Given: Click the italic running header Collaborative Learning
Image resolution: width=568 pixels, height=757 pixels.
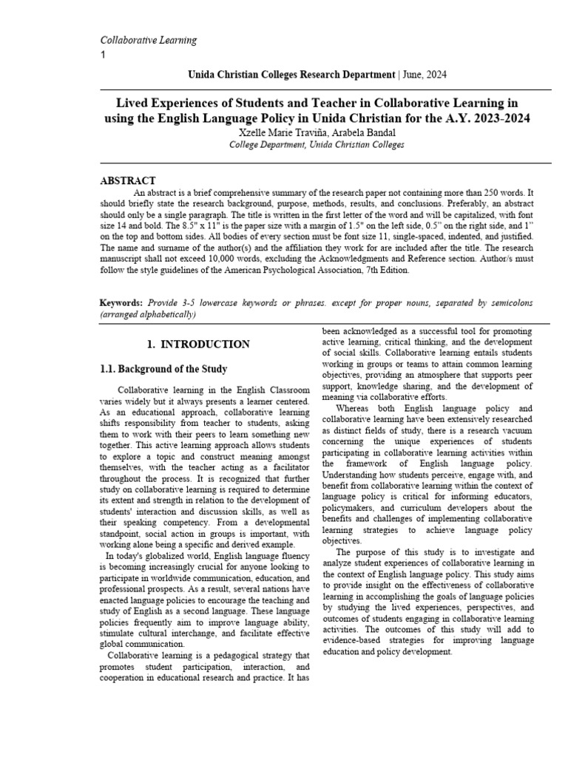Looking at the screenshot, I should pyautogui.click(x=148, y=40).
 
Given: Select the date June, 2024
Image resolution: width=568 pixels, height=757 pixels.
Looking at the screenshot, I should pyautogui.click(x=424, y=75).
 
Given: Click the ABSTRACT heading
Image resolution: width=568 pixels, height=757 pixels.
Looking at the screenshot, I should pyautogui.click(x=128, y=180).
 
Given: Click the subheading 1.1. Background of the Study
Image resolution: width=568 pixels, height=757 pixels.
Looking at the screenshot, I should pyautogui.click(x=163, y=368).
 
